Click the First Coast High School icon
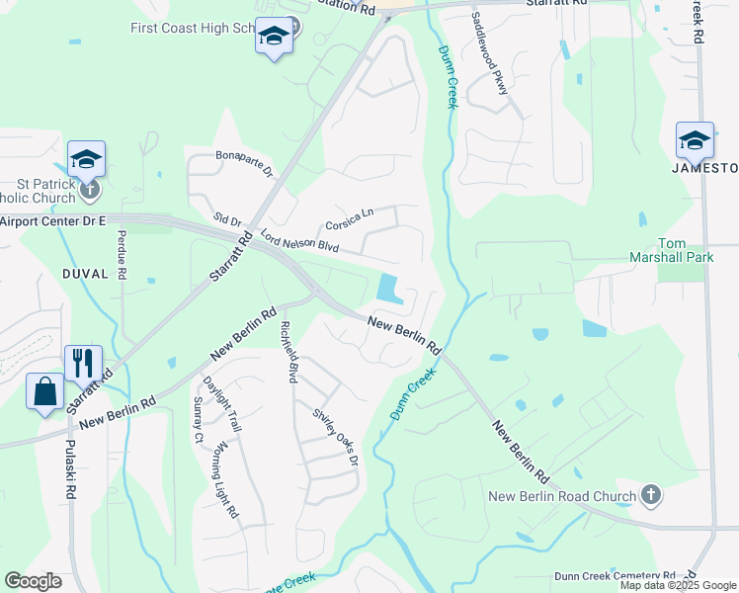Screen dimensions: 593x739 pos(274,37)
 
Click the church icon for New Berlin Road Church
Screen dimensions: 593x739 pos(650,493)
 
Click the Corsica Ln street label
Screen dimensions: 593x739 pos(350,217)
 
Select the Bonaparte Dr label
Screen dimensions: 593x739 pos(244,163)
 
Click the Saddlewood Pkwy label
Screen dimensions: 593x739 pos(490,53)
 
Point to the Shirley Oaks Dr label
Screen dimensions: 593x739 pos(335,437)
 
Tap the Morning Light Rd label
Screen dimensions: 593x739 pos(225,479)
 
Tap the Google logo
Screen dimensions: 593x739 pos(33,581)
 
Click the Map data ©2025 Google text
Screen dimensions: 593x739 pos(678,585)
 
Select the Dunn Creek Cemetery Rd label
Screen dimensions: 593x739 pos(615,575)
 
